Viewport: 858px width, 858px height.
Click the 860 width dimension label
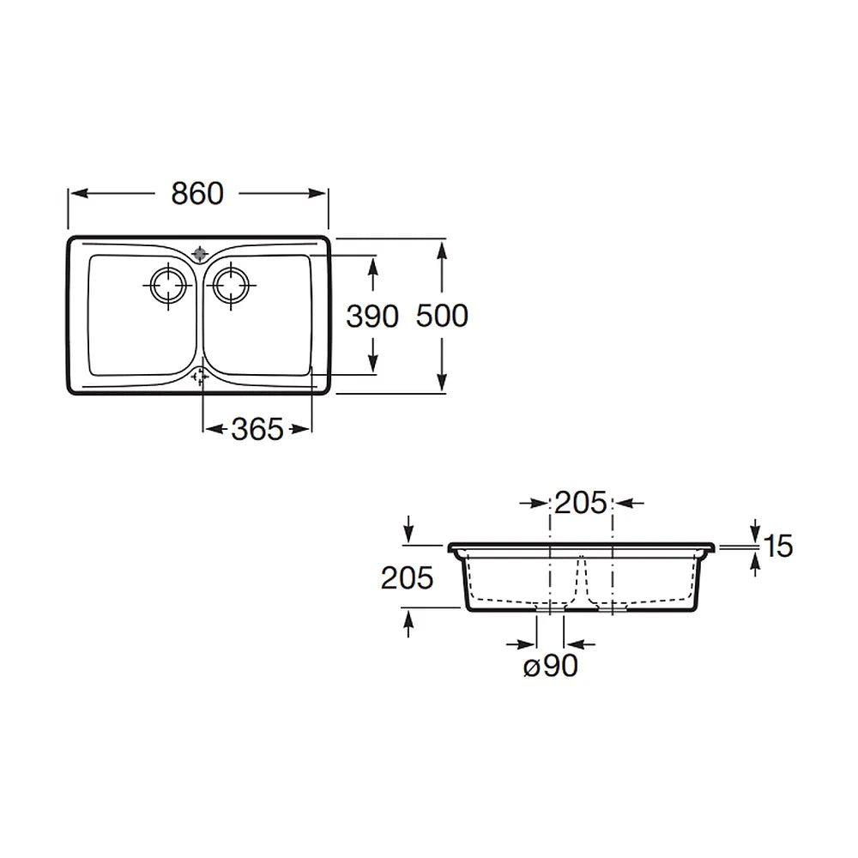coord(197,193)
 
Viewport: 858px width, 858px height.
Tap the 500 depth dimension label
coord(442,316)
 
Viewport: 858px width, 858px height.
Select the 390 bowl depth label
coord(372,317)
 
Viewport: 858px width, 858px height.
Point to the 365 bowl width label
coord(257,429)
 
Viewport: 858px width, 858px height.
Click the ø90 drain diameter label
coord(551,666)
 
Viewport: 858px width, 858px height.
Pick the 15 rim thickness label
coord(777,546)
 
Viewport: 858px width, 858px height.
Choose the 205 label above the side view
coord(581,503)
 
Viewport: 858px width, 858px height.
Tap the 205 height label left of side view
coord(407,577)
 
